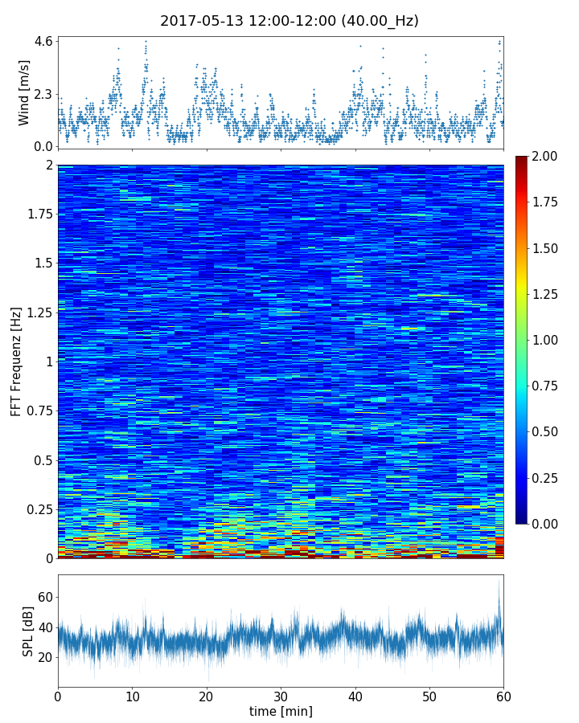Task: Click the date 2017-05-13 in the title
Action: tap(198, 21)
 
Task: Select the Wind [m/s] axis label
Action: tap(24, 92)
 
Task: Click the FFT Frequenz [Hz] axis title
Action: tap(16, 361)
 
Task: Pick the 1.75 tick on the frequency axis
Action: tap(37, 214)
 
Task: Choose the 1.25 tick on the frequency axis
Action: tap(37, 312)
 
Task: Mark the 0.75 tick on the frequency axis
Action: tap(37, 411)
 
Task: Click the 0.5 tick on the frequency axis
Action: tap(42, 460)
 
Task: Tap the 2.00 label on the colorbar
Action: tap(546, 156)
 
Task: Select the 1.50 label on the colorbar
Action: tap(546, 248)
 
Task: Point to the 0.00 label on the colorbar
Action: tap(546, 524)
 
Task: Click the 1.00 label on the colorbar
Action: tap(546, 340)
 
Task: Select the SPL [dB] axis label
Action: tap(28, 631)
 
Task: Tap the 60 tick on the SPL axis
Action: tap(46, 597)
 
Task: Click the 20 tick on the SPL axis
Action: tap(46, 657)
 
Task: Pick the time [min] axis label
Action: tap(281, 711)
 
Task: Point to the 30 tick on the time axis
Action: tap(281, 695)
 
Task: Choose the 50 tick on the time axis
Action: tap(429, 695)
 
